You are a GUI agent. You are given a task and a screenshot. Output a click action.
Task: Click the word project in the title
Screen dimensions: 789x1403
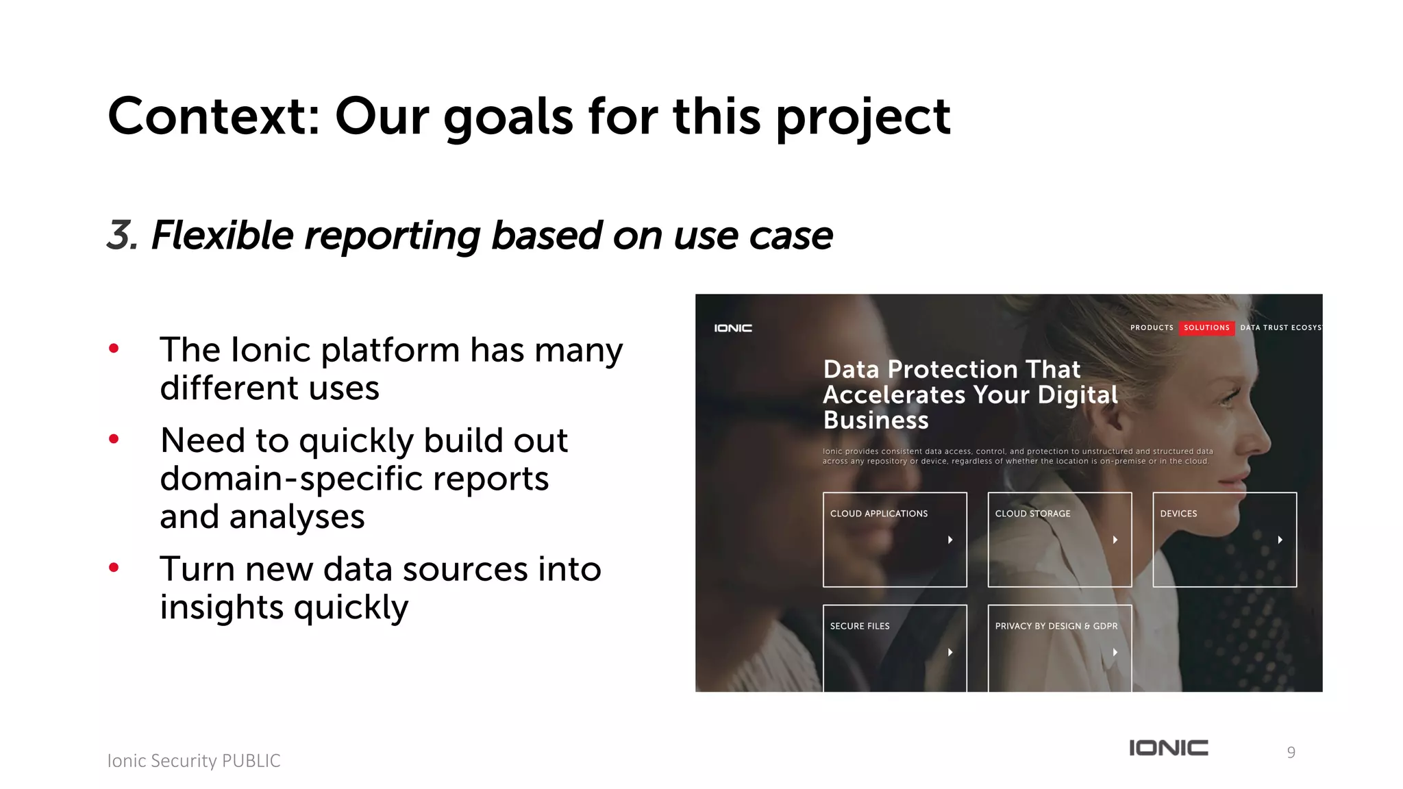coord(862,118)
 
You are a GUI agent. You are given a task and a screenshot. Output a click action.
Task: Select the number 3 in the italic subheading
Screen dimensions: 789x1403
coord(121,235)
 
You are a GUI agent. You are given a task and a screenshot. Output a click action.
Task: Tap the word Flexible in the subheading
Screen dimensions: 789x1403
coord(222,235)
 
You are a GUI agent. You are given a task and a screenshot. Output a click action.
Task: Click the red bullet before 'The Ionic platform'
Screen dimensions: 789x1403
coord(114,349)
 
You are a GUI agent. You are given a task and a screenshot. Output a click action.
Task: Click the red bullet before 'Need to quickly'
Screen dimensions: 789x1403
coord(114,439)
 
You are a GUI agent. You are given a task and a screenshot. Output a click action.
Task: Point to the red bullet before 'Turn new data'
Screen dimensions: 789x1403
coord(114,567)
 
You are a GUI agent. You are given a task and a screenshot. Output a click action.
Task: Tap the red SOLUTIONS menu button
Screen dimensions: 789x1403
coord(1206,328)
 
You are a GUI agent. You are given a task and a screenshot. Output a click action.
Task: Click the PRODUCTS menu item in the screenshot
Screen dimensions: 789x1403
coord(1152,328)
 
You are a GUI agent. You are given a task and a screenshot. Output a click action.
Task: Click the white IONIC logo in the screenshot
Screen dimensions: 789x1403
coord(733,329)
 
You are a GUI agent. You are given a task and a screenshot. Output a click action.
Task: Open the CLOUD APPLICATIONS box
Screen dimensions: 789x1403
coord(894,539)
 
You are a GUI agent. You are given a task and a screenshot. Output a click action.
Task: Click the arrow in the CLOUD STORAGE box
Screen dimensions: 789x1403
coord(1115,540)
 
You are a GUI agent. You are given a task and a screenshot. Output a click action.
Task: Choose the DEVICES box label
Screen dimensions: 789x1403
coord(1178,514)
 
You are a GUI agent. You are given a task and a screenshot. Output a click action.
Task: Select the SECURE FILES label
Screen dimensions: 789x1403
coord(860,626)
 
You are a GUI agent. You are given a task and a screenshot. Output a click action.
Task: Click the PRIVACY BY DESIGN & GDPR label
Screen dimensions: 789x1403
coord(1056,626)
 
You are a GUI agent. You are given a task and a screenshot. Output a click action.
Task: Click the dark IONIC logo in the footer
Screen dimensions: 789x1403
coord(1169,748)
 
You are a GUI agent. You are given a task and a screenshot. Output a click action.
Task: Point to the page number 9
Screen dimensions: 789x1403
coord(1291,753)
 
